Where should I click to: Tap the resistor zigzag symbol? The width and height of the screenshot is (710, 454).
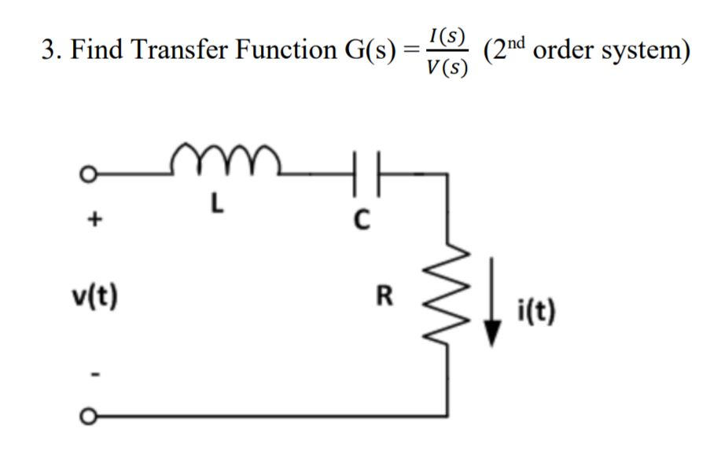(x=451, y=298)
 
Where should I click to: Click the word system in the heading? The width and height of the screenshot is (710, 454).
(x=640, y=49)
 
